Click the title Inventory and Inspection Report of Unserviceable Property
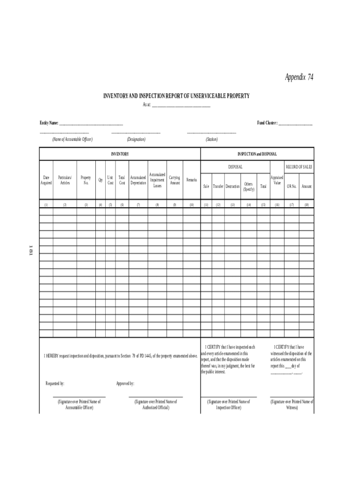[x=176, y=96]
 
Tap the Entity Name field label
[x=49, y=123]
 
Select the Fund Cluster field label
[x=267, y=123]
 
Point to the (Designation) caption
[x=136, y=139]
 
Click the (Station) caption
[x=211, y=139]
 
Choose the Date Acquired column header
[x=46, y=181]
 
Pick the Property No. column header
[x=86, y=181]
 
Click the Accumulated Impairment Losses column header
[x=157, y=180]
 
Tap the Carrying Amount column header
[x=174, y=181]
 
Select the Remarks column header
[x=192, y=180]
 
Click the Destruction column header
[x=232, y=187]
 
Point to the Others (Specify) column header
[x=248, y=187]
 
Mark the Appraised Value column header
[x=277, y=181]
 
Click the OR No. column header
[x=292, y=187]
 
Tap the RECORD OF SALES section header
[x=299, y=167]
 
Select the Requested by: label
[x=55, y=384]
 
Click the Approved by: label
[x=125, y=384]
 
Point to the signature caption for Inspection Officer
[x=229, y=405]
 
